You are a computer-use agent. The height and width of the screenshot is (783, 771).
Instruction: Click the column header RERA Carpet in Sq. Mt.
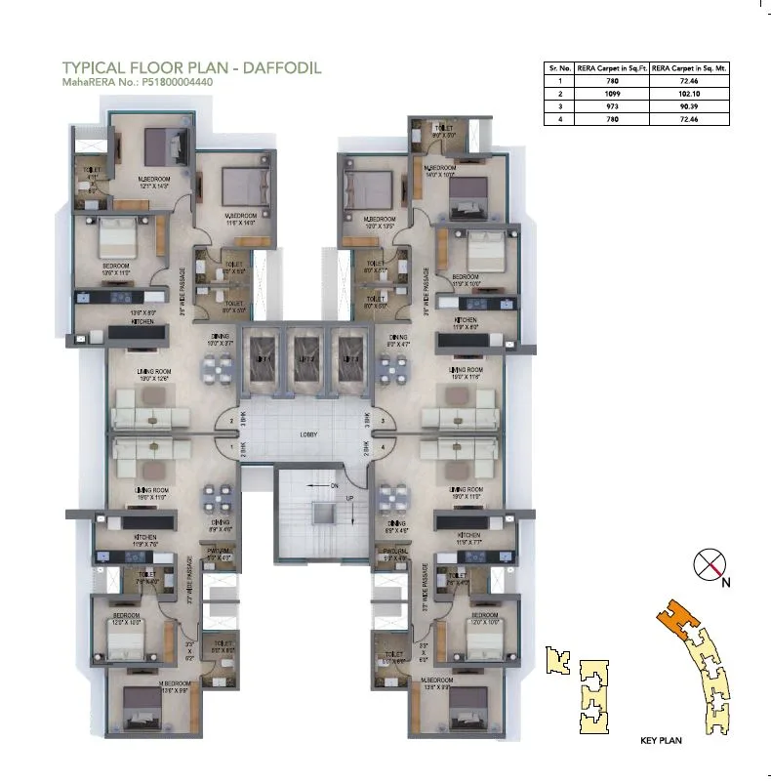(689, 69)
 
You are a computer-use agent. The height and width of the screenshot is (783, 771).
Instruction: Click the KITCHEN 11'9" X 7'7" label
(467, 539)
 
